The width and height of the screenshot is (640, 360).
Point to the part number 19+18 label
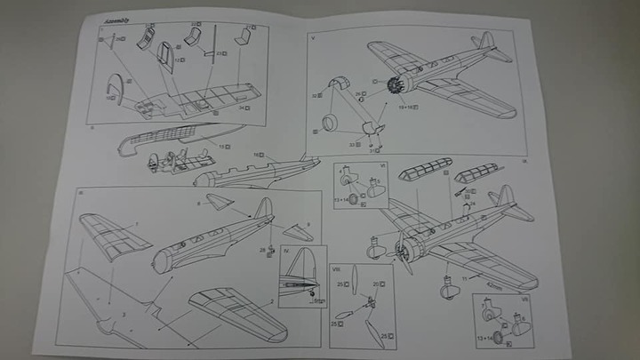pyautogui.click(x=411, y=107)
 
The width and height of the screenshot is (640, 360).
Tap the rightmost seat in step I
pyautogui.click(x=243, y=36)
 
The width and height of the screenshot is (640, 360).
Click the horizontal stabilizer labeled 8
pyautogui.click(x=219, y=203)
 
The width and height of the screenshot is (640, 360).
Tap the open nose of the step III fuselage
pyautogui.click(x=162, y=260)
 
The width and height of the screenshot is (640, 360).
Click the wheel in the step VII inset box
pyautogui.click(x=498, y=338)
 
